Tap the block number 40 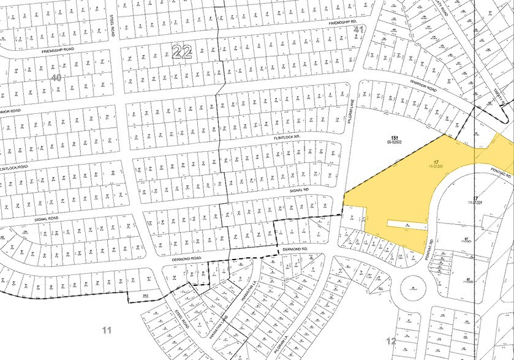(57, 78)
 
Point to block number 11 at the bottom (107, 331)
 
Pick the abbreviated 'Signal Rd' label (298, 190)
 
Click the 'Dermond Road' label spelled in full (187, 259)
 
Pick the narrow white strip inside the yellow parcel (404, 226)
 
